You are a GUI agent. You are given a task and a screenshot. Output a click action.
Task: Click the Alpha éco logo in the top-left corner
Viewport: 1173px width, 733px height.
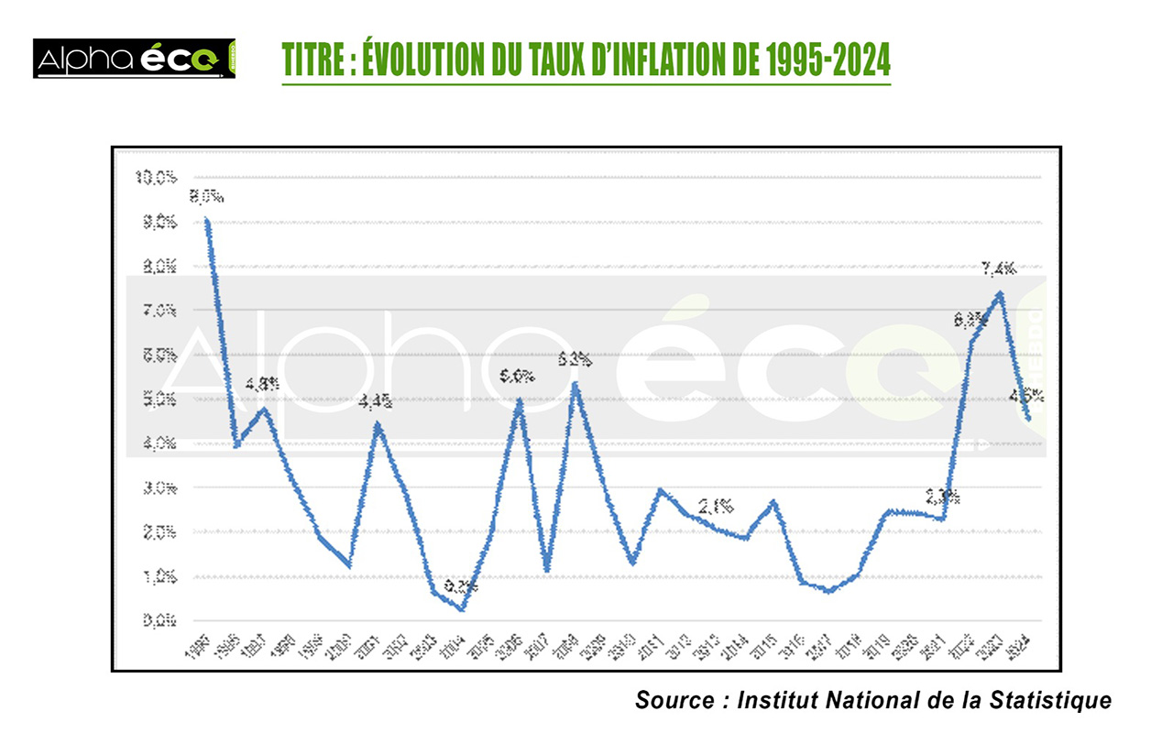135,59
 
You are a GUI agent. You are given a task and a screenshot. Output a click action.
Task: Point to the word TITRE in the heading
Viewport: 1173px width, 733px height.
309,60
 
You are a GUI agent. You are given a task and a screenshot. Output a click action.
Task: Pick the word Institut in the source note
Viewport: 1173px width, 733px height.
779,701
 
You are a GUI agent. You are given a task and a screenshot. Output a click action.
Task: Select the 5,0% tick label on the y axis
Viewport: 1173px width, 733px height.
158,399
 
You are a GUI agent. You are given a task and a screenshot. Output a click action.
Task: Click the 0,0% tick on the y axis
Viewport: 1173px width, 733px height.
158,621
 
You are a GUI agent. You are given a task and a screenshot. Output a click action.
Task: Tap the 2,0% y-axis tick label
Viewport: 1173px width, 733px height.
158,532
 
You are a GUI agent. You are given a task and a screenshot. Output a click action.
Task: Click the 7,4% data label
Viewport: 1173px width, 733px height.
998,268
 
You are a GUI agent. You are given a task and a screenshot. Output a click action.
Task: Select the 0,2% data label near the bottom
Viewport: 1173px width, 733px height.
461,586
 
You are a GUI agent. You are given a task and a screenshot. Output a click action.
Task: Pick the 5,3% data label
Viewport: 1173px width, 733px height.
575,359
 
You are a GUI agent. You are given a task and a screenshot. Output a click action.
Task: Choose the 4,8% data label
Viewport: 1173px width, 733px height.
262,385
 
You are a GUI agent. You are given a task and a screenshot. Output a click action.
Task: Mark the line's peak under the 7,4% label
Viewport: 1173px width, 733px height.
1000,293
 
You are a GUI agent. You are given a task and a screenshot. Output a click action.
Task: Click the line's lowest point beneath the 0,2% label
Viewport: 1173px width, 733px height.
461,609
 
